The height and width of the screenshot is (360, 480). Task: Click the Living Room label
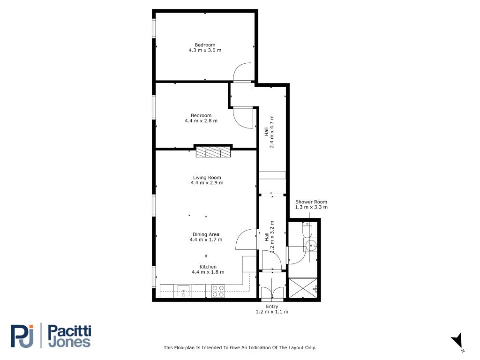coord(207,178)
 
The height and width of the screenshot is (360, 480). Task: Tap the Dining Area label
coord(206,234)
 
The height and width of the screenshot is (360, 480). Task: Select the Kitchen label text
coord(208,267)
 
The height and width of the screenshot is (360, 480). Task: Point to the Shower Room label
coord(311,202)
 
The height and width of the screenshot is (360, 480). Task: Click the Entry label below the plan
coord(272,307)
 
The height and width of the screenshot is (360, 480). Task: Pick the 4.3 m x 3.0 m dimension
coord(205,50)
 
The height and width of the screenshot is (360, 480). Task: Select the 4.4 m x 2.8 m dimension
coord(201,121)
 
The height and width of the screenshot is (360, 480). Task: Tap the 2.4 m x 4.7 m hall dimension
coord(271,132)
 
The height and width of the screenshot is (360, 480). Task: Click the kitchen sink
coord(183,291)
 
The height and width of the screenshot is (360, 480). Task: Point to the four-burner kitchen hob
coord(218,291)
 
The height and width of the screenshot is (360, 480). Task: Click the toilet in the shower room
coord(307,229)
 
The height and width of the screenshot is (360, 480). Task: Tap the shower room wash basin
coord(311,245)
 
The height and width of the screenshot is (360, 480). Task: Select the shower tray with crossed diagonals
coord(303,288)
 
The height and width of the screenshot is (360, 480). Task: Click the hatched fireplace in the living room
coord(213,152)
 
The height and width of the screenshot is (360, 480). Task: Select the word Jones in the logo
coord(69,342)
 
